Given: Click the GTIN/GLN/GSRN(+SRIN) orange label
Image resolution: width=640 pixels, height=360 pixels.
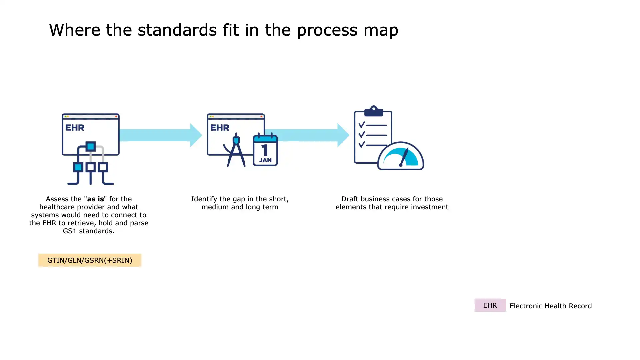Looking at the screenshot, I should coord(90,260).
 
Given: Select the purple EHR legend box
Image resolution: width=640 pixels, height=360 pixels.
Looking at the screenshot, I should coord(490,305).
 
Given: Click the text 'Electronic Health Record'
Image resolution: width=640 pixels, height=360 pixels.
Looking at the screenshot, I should coord(550,306).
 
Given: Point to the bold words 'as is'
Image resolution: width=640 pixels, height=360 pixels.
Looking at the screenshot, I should coord(95,199).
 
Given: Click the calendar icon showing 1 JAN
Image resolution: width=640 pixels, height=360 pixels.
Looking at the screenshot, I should coord(265,150).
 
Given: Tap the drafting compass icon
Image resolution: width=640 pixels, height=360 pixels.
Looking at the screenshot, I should coord(236,151).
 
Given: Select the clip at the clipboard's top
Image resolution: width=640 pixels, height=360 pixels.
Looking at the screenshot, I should coord(373,111).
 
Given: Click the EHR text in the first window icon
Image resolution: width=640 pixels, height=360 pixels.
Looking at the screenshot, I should coord(75,128).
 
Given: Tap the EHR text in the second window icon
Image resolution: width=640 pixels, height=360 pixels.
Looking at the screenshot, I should coord(220,128).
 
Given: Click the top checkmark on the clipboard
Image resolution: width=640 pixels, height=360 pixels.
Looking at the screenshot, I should coord(362,125).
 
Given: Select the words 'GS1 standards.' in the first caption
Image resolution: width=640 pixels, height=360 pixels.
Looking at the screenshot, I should coord(88,231).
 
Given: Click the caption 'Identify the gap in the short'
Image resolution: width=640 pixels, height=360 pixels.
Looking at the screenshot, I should coord(240,199).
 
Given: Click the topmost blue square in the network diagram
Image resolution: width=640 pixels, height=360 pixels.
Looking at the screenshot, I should coord(90,146).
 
